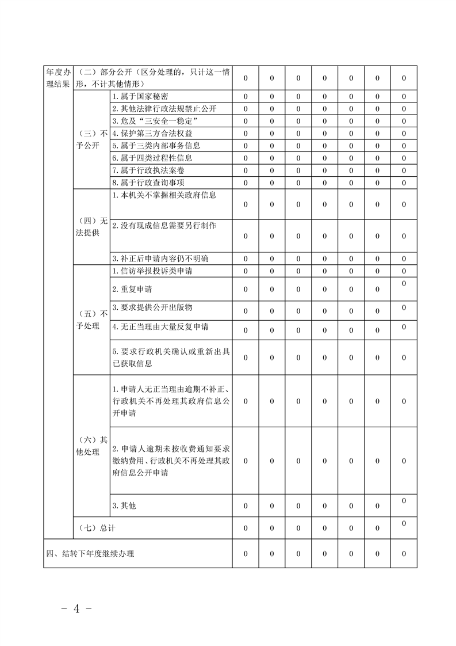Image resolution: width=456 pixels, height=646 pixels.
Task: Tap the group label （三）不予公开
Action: tap(92, 139)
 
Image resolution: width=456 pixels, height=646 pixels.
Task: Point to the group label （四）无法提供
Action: tap(92, 226)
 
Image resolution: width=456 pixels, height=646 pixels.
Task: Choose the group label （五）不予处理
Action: tap(92, 320)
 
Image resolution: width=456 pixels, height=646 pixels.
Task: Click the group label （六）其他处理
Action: tap(92, 446)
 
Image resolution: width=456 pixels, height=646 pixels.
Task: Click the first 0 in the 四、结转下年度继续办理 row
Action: tap(246, 554)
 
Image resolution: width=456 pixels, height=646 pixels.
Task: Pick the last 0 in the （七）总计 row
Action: tap(404, 523)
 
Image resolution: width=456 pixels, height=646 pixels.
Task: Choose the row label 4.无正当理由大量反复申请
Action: tap(160, 327)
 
